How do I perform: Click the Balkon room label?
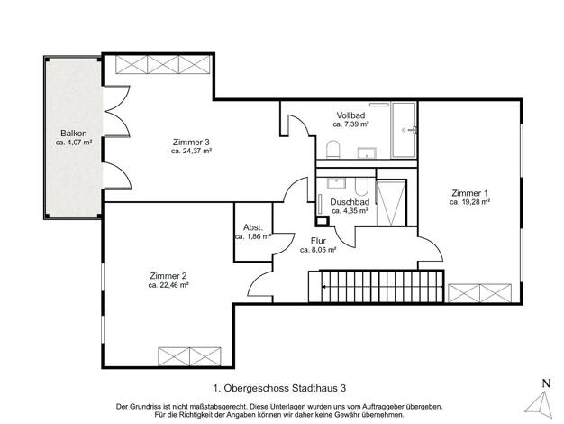(73, 134)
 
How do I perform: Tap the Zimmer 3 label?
(191, 143)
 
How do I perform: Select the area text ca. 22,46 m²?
(168, 285)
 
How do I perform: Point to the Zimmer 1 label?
(469, 193)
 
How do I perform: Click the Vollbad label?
(350, 115)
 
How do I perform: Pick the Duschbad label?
(350, 202)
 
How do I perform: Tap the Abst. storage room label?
(253, 227)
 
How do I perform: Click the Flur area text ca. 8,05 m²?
(318, 250)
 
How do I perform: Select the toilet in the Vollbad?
(333, 150)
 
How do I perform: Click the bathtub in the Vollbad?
(404, 130)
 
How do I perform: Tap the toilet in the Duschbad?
(360, 186)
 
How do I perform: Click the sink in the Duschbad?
(336, 183)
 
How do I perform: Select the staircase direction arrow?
(383, 287)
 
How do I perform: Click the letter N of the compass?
(546, 383)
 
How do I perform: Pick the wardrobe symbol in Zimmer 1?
(479, 293)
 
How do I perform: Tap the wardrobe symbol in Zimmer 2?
(189, 356)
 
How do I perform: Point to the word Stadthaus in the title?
(314, 388)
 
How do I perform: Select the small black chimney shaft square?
(323, 221)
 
